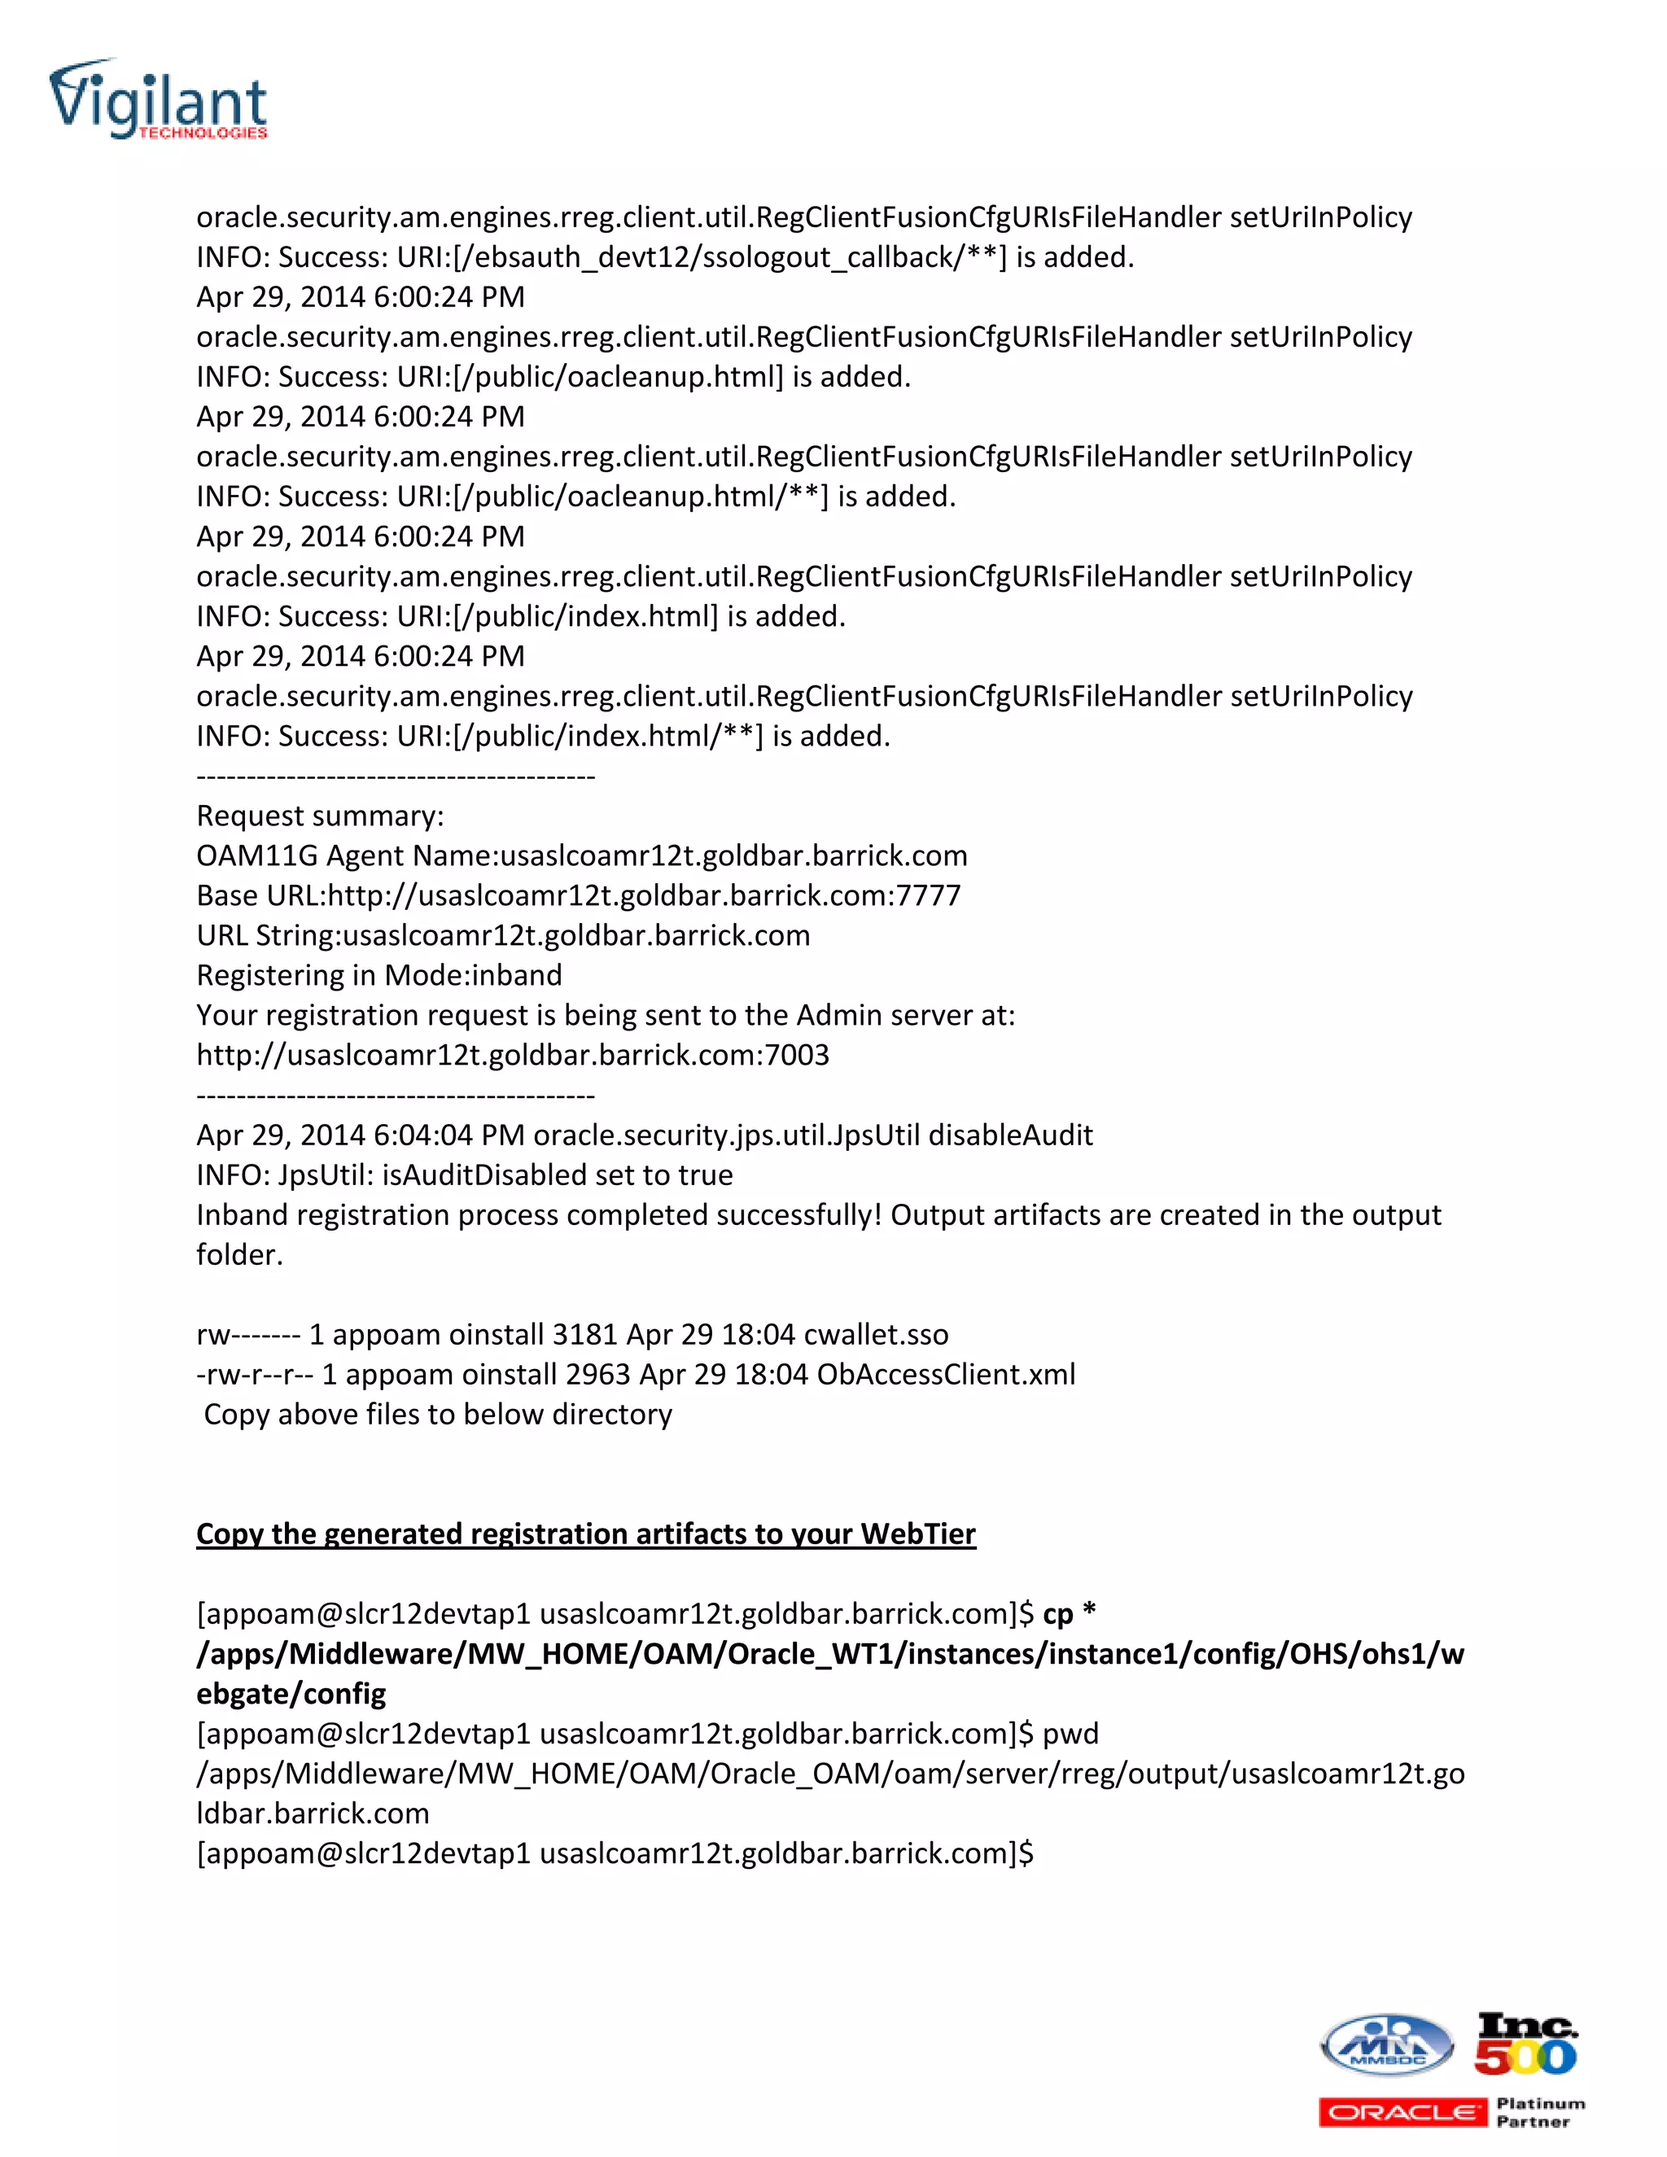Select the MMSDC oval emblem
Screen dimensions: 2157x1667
[1386, 2045]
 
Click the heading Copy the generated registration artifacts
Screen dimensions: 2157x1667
[585, 1534]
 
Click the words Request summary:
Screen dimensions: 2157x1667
[320, 816]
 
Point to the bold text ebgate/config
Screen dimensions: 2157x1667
[291, 1694]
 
